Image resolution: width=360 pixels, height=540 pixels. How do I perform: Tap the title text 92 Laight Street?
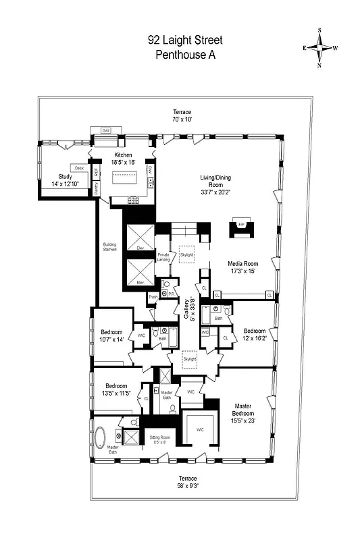click(x=184, y=40)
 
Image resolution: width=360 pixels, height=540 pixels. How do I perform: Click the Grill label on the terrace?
click(x=106, y=130)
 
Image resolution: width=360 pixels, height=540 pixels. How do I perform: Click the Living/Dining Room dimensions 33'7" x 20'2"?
click(x=215, y=191)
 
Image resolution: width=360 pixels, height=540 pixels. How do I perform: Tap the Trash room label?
click(x=153, y=296)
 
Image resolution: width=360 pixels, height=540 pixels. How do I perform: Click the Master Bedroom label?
click(x=243, y=410)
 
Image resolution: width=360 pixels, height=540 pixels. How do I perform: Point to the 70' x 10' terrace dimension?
click(x=182, y=119)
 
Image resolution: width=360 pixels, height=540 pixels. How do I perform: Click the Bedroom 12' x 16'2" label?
click(x=255, y=334)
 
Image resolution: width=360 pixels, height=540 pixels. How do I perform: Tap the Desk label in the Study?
click(x=79, y=167)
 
